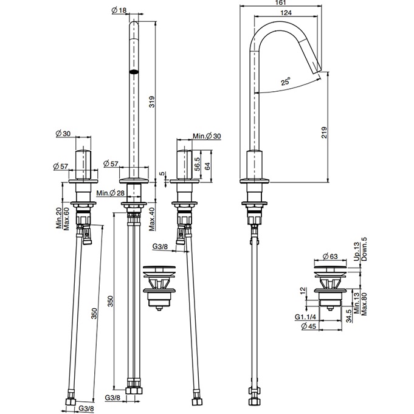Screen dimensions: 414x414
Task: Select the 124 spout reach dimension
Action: click(286, 13)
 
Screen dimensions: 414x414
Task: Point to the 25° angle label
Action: click(286, 81)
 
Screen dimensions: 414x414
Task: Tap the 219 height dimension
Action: click(324, 133)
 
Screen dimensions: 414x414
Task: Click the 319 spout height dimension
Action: click(152, 102)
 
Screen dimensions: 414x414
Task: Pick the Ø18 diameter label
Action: click(119, 10)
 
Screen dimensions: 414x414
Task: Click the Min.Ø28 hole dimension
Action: click(111, 193)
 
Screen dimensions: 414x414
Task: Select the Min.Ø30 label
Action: click(207, 136)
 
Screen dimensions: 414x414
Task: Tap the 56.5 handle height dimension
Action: click(197, 165)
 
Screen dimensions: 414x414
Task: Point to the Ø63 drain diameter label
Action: click(330, 256)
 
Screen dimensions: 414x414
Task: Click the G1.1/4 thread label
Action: click(305, 317)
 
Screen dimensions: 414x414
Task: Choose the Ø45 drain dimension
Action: click(308, 326)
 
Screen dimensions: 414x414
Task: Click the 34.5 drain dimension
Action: click(348, 316)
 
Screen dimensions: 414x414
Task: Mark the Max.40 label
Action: click(152, 219)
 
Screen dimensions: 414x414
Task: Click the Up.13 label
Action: click(357, 252)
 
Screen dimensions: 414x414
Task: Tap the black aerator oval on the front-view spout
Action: click(134, 71)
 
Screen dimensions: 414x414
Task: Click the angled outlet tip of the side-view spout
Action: click(318, 71)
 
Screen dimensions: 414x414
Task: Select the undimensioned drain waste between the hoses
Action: click(159, 288)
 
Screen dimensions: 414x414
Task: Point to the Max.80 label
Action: click(364, 303)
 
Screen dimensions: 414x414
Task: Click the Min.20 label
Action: click(58, 218)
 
